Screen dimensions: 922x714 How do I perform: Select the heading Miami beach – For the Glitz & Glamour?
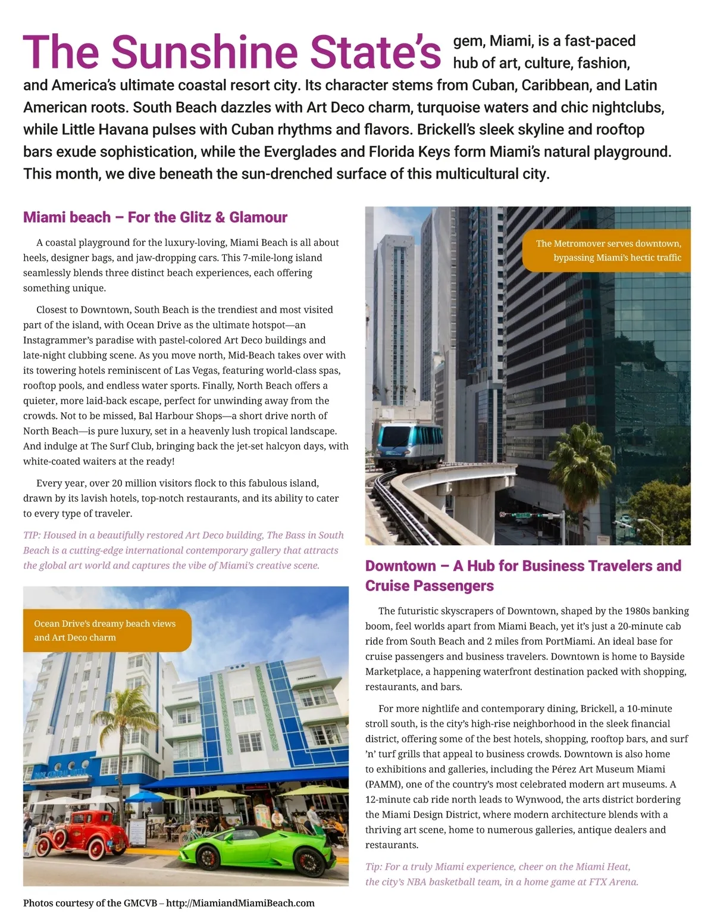155,217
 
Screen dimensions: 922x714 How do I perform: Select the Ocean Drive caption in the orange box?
105,630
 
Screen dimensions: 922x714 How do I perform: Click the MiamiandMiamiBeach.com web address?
240,903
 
